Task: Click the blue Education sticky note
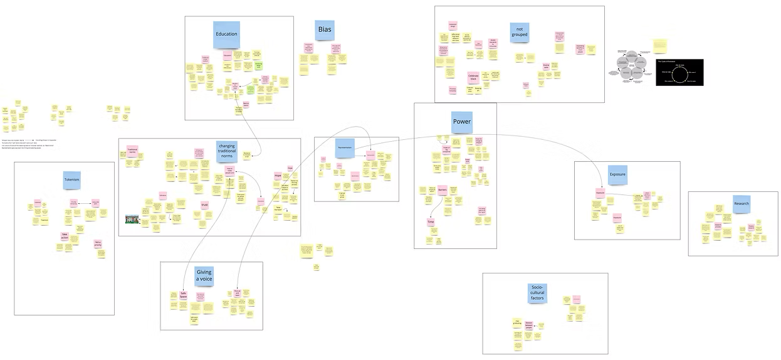tap(226, 35)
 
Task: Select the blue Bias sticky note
tap(325, 30)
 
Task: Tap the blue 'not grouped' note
tap(519, 32)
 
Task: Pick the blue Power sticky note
tap(461, 122)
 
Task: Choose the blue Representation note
tap(345, 148)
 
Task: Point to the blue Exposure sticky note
tap(617, 174)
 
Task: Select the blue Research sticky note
tap(742, 204)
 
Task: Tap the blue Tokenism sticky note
tap(72, 180)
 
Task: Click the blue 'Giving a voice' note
tap(204, 276)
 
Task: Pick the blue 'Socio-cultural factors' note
tap(537, 293)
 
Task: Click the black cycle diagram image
tap(679, 73)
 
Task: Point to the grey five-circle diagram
tap(632, 66)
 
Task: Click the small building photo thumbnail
tap(133, 219)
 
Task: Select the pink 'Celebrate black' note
tap(474, 78)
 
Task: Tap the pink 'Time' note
tap(431, 222)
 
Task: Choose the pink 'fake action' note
tap(65, 236)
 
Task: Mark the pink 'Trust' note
tap(204, 204)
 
